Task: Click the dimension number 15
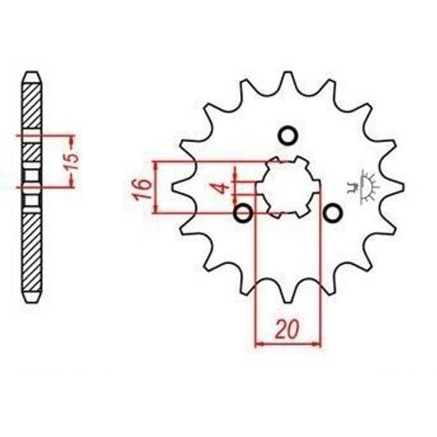tap(72, 161)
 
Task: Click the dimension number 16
tap(142, 189)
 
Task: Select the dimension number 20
tap(287, 329)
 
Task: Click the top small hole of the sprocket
tap(287, 136)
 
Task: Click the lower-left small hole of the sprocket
tap(243, 213)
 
